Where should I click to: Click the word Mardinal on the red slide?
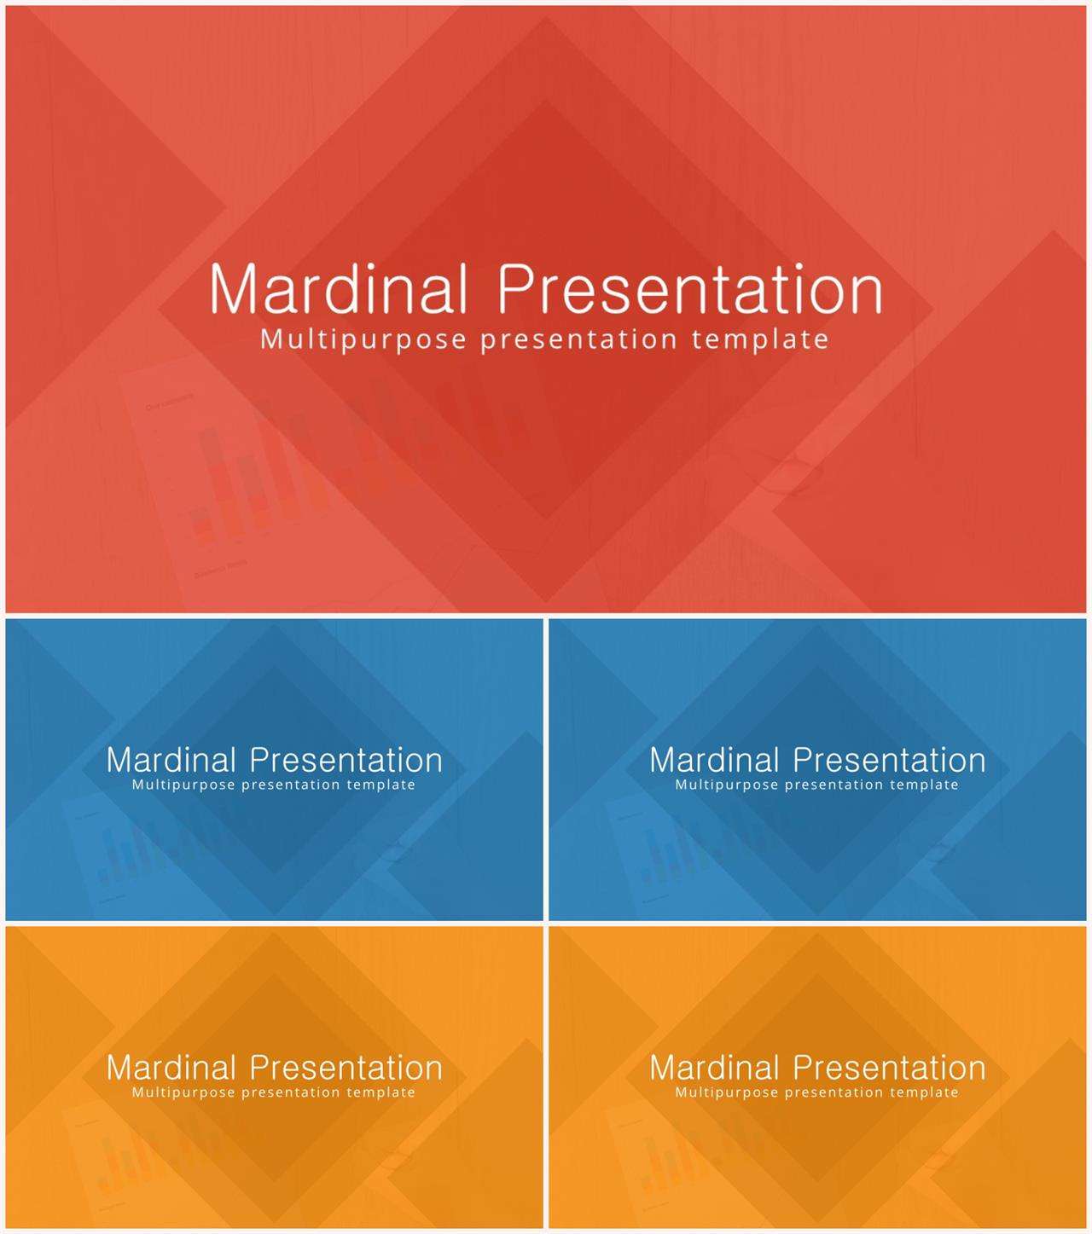[340, 288]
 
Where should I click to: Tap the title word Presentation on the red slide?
[690, 288]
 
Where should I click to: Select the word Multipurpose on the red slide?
[363, 340]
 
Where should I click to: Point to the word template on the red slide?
[760, 340]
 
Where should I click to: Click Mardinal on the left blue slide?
[171, 761]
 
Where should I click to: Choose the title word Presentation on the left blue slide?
[346, 761]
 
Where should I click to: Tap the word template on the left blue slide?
[380, 785]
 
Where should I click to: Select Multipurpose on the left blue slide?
[183, 785]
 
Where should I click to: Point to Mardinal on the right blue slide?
[715, 761]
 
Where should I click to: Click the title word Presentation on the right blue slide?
[890, 761]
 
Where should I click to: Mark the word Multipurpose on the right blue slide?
[727, 785]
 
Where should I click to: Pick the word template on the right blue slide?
[925, 785]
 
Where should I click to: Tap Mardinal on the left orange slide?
[171, 1069]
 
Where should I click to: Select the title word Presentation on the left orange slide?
[346, 1069]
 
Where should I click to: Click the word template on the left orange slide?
[380, 1092]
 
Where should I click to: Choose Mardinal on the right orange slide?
[715, 1069]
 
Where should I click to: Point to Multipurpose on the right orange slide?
[727, 1092]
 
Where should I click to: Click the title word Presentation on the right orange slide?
[890, 1069]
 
